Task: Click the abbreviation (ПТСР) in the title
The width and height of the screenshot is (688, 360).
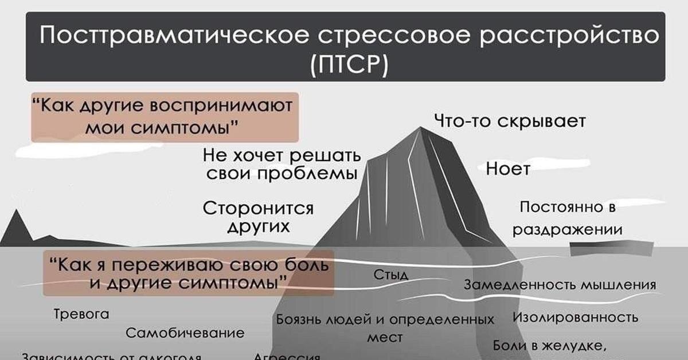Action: [347, 65]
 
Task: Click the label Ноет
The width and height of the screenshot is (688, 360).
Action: [508, 169]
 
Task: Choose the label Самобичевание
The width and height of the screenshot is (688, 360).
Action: [185, 333]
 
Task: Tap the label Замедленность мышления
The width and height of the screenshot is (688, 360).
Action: [560, 284]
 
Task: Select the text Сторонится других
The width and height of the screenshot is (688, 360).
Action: [259, 217]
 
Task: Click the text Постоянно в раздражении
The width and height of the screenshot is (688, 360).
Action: [567, 218]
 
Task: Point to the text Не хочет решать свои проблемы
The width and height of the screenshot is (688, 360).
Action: [282, 164]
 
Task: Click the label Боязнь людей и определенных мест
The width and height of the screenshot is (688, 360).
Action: [385, 327]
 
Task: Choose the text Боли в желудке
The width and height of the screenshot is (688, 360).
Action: [550, 346]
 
